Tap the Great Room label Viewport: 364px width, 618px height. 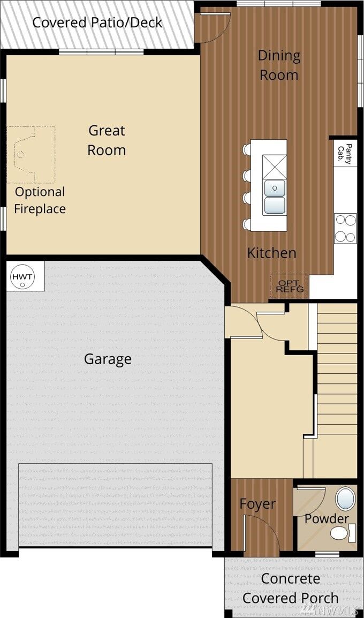click(107, 140)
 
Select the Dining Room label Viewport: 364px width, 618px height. click(279, 65)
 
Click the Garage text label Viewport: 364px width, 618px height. click(108, 359)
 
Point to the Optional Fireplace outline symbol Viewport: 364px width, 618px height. click(32, 155)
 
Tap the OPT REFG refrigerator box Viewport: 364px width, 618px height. click(290, 287)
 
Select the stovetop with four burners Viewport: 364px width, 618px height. click(345, 228)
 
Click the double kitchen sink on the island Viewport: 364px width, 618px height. click(275, 196)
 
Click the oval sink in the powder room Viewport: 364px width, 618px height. click(345, 498)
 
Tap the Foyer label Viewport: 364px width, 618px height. click(257, 504)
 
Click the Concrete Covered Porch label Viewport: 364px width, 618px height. click(291, 588)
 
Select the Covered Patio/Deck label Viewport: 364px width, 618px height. click(97, 22)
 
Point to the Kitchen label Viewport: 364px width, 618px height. click(271, 253)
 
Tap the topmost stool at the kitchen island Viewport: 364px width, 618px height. click(247, 149)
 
